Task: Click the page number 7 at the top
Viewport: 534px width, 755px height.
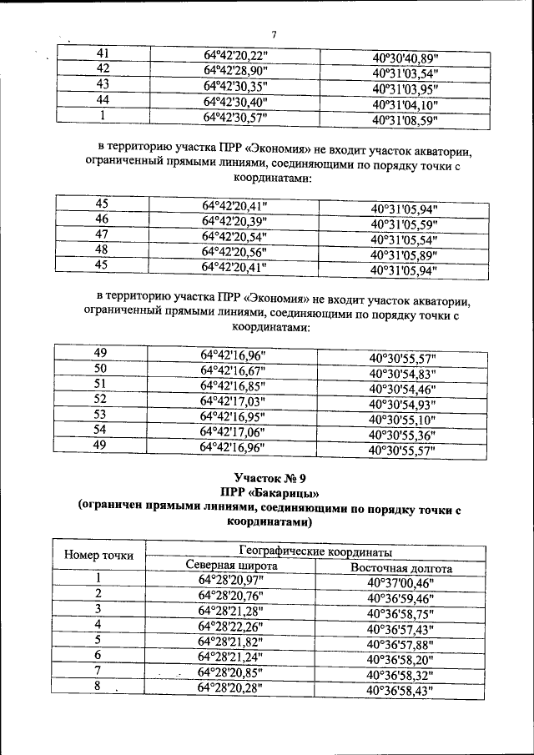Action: (x=272, y=33)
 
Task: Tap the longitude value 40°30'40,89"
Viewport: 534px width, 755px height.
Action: (x=405, y=59)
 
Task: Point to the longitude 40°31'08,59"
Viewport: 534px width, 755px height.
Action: (x=405, y=120)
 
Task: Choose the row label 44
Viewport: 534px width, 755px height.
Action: (x=103, y=100)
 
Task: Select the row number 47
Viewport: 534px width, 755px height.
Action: (x=102, y=234)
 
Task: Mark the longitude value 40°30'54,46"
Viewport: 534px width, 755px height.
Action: (x=403, y=390)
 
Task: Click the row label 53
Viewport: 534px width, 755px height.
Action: (x=100, y=415)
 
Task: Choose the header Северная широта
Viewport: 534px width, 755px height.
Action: (x=231, y=565)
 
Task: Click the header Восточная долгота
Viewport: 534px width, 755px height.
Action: (x=401, y=569)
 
